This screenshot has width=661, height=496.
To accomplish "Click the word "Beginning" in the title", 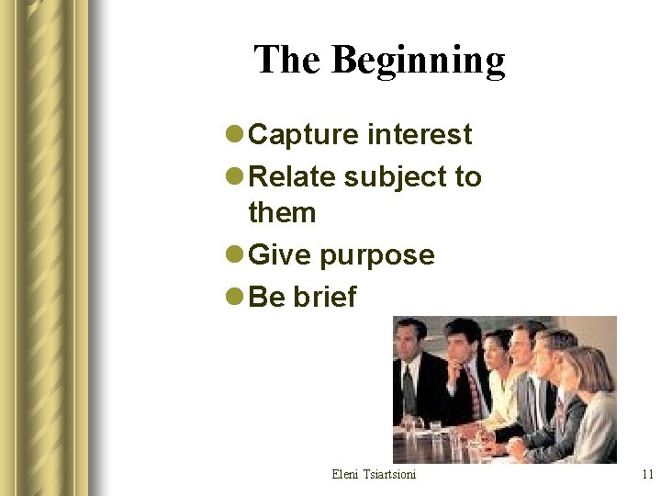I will pos(419,61).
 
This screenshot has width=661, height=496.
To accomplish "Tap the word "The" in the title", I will pos(288,60).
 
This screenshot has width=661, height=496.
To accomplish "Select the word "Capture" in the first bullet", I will pos(304,135).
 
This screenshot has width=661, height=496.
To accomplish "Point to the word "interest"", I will pos(420,135).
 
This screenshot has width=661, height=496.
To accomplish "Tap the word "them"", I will pos(282,213).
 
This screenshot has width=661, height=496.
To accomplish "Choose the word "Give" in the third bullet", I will pos(281,254).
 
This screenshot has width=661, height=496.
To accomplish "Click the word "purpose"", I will pos(377,255).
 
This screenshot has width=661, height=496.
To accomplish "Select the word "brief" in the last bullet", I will pos(325,297).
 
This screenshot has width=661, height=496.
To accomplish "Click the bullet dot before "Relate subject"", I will pos(235,176).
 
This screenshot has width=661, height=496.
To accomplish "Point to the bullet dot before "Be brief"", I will pos(235,298).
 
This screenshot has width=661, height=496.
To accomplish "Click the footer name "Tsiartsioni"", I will pos(389,474).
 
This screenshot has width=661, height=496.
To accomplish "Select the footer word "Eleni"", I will pos(346,474).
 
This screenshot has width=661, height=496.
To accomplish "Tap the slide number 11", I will pos(647,474).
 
